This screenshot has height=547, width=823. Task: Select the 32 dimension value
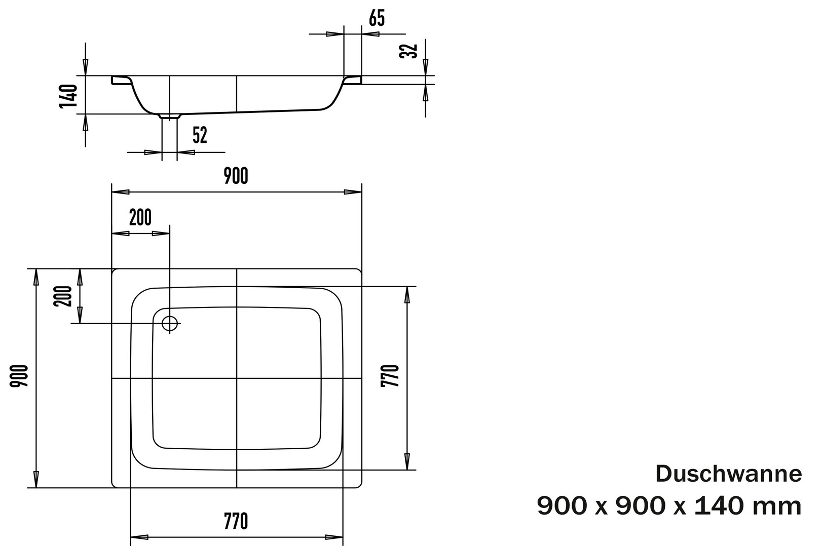[409, 51]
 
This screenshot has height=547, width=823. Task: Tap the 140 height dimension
[69, 96]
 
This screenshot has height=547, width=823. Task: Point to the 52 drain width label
[200, 135]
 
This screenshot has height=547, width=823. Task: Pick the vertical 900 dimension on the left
[19, 376]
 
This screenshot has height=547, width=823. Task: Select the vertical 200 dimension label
[63, 296]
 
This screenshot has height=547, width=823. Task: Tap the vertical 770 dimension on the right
[390, 376]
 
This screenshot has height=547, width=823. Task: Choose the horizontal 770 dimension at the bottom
[236, 521]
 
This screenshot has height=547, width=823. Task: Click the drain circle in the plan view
[170, 324]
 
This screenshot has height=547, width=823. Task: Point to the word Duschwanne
[729, 474]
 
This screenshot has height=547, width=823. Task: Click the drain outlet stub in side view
[170, 116]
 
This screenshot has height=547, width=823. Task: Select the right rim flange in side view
[352, 80]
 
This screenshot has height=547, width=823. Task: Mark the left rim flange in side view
[121, 80]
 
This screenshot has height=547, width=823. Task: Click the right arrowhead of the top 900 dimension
[353, 192]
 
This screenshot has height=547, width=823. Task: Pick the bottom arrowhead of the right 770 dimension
[407, 461]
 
